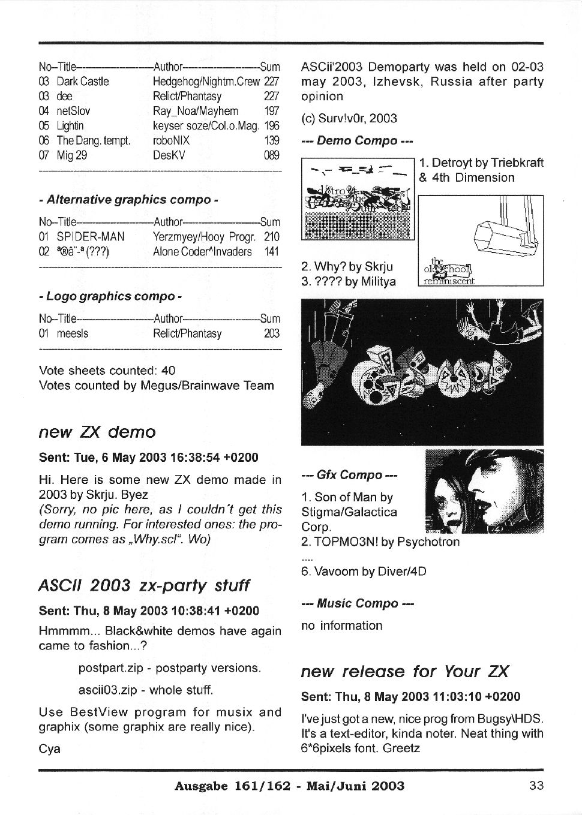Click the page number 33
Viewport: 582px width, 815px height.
536,785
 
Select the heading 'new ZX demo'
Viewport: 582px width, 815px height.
97,432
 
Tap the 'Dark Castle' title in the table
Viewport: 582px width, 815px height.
83,82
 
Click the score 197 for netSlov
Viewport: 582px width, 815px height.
272,111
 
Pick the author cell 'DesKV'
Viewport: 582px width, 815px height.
169,155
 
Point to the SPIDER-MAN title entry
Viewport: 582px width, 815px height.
91,237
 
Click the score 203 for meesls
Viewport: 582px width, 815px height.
272,333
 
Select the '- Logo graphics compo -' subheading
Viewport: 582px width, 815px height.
110,296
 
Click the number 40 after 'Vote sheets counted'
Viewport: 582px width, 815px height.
169,371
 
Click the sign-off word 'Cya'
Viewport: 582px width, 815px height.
49,749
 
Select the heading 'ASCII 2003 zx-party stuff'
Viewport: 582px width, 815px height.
144,585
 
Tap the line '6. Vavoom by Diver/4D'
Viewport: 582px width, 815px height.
364,572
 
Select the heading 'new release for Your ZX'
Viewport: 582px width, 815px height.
404,671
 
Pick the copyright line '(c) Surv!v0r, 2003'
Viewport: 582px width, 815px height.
349,118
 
